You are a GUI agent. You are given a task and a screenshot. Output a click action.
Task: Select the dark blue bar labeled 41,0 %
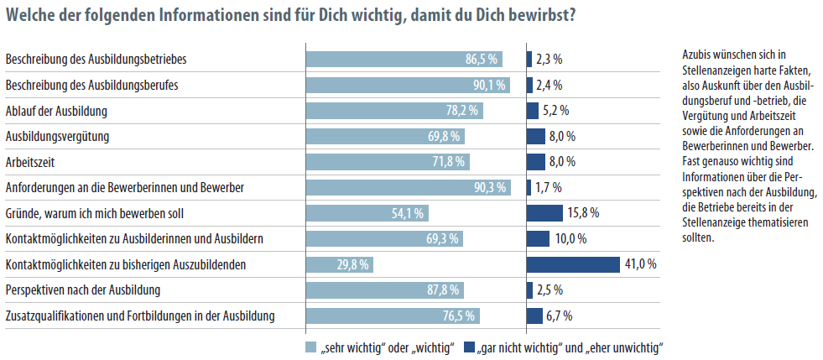click(x=572, y=264)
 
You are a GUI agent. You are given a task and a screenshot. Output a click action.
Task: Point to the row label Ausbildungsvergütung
click(x=58, y=136)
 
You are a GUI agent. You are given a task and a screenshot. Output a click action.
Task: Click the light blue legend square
click(x=311, y=346)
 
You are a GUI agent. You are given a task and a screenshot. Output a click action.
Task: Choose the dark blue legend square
click(x=469, y=346)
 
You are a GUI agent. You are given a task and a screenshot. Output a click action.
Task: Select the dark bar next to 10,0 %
click(x=538, y=238)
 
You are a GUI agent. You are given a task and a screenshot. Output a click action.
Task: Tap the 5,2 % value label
click(x=556, y=111)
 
